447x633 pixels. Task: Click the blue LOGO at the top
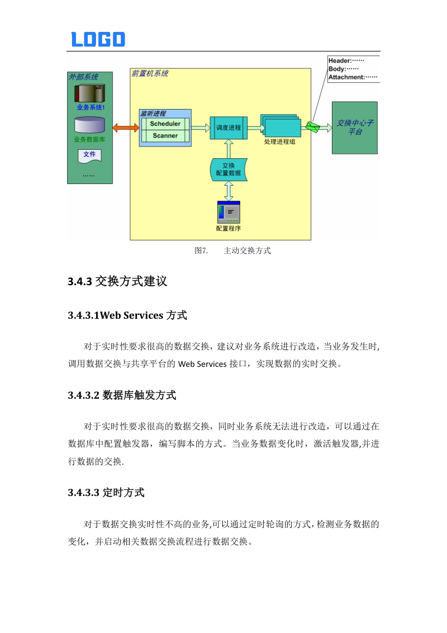pos(98,39)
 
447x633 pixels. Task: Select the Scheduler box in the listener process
pos(165,124)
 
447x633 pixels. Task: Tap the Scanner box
pos(165,135)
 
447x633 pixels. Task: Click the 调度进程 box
pos(229,127)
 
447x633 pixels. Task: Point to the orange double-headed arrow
pos(126,127)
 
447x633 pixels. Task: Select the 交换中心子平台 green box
pos(355,127)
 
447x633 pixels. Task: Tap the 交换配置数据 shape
pos(229,169)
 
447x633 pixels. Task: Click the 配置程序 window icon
pos(229,212)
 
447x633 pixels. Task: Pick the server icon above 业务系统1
pos(90,93)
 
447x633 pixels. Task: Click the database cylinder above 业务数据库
pos(89,125)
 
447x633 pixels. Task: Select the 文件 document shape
pos(89,155)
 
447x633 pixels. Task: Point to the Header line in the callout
pos(346,60)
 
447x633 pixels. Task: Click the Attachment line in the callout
pos(353,77)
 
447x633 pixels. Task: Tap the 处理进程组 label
pos(280,142)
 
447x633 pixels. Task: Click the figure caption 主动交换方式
pos(247,251)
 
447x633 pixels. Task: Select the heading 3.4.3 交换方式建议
pos(117,281)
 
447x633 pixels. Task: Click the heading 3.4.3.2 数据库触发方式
pos(122,395)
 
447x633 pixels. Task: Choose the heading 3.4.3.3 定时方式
pos(106,492)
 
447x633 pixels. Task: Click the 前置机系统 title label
pos(150,73)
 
